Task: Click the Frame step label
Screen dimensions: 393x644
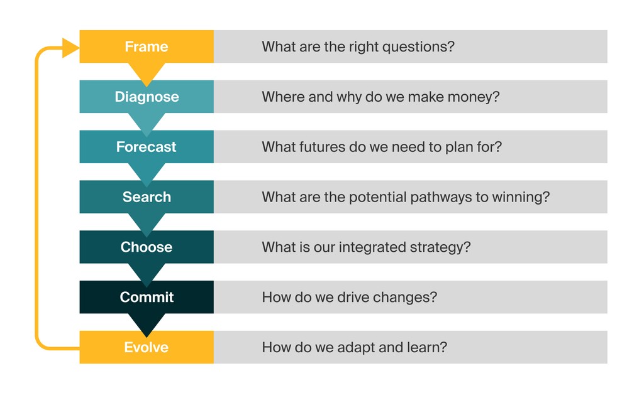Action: coord(146,46)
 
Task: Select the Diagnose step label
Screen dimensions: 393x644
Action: coord(147,97)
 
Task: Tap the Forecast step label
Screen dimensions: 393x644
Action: coord(146,147)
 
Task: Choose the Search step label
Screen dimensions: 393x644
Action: coord(147,197)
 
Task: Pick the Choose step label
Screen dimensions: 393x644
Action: coord(146,247)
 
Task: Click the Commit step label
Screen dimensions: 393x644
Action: coord(147,297)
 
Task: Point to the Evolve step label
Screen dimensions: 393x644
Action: coord(146,347)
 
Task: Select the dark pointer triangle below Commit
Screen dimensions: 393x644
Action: coord(146,323)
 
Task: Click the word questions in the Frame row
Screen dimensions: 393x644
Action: coord(421,47)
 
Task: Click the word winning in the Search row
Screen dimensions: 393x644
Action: coord(523,197)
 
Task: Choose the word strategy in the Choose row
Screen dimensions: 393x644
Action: coord(440,247)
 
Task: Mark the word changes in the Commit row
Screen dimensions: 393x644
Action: coord(409,298)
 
